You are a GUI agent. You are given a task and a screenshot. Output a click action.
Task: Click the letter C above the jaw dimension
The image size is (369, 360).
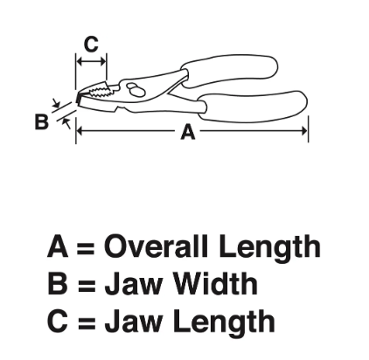(91, 45)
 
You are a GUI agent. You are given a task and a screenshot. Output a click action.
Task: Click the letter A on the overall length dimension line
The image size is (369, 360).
(188, 132)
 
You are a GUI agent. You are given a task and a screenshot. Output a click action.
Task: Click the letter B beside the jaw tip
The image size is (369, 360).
(41, 121)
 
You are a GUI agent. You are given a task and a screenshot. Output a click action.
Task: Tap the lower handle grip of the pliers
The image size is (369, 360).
(254, 107)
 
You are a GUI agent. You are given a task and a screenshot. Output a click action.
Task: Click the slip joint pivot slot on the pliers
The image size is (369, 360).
(135, 89)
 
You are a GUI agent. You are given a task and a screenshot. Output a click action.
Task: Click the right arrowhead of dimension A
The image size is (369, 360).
(304, 131)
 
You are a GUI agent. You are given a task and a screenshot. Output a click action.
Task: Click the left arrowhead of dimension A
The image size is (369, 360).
(80, 131)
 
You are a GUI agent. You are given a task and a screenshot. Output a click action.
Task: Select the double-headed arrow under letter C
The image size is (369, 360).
(91, 62)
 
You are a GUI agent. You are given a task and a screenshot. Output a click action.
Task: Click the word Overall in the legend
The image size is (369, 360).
(156, 246)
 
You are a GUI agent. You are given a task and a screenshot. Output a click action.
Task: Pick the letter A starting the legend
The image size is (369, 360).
(58, 246)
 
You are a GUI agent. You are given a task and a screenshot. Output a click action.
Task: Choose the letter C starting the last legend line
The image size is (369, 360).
(58, 321)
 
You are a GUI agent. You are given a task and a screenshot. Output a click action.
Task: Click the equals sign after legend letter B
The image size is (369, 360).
(87, 285)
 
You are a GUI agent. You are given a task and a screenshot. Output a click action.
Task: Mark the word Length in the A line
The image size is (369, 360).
(270, 248)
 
